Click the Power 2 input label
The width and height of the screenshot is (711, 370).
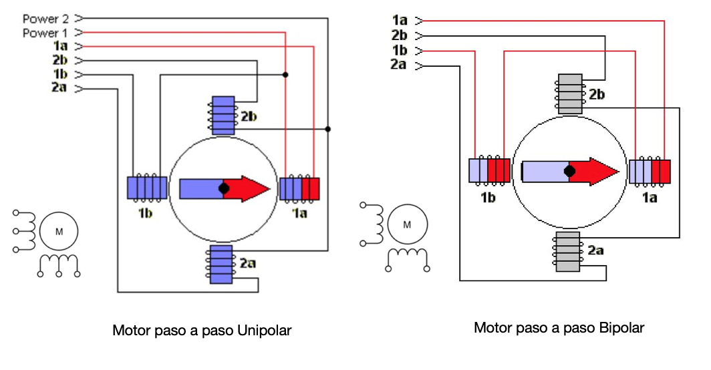pos(45,19)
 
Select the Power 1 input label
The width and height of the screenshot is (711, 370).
pos(45,33)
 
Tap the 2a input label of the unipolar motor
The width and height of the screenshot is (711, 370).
pos(59,87)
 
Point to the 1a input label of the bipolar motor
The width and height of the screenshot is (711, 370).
pos(400,21)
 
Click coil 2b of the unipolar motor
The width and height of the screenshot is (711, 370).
pos(223,114)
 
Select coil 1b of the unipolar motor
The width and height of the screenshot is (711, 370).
pos(147,187)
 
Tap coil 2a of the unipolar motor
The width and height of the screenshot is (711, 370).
pos(221,263)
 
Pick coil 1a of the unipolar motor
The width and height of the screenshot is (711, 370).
pos(299,188)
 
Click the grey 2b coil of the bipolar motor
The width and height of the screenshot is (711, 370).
pos(569,94)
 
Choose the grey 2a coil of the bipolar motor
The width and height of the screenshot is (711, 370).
pos(569,252)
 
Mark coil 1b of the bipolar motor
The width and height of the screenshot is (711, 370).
pos(490,170)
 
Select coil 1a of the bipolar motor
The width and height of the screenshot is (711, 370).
pos(650,171)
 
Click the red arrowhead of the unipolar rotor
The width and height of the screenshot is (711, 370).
pos(254,189)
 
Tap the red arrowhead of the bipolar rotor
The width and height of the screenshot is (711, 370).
pos(600,172)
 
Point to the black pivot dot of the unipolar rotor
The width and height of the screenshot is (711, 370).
pos(224,189)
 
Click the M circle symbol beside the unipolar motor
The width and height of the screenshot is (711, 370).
pos(59,232)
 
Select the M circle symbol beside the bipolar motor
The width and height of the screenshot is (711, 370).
pos(407,224)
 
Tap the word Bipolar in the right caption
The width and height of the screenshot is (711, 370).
pos(621,328)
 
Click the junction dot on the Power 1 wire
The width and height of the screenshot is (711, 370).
pos(285,74)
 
